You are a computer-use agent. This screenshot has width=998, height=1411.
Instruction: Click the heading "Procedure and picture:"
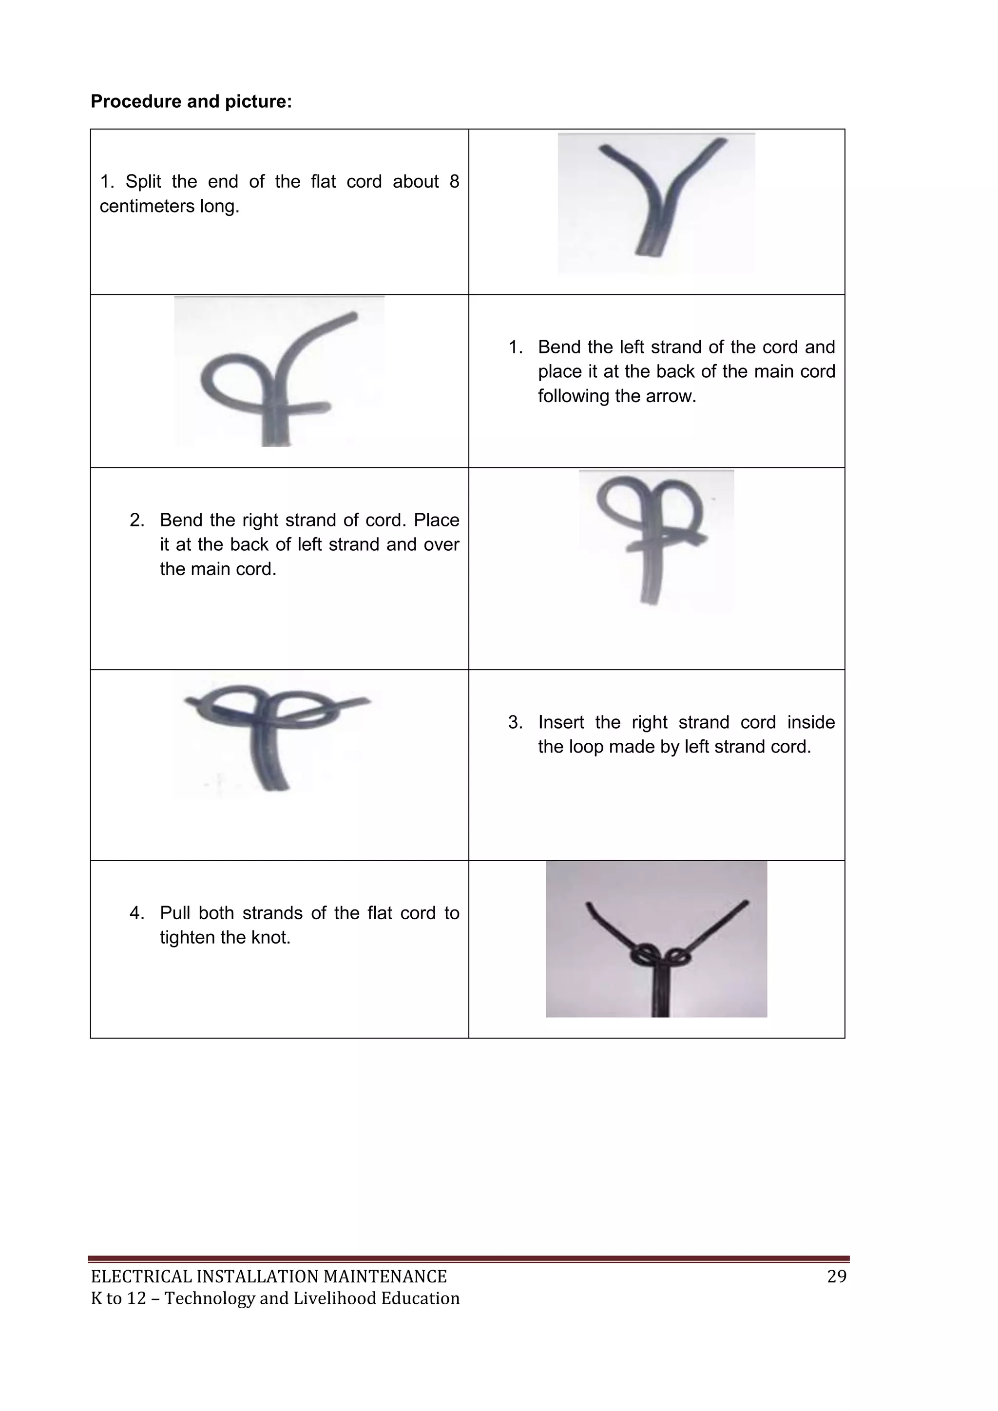191,101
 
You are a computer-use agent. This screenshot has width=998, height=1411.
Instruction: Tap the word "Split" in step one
143,182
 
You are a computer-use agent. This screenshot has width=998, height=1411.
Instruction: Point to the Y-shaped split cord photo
656,202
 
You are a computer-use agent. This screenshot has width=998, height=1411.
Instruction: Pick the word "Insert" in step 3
561,723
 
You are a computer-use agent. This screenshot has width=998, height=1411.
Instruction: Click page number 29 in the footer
836,1276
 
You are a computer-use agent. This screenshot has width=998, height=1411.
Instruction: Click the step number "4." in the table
136,913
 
